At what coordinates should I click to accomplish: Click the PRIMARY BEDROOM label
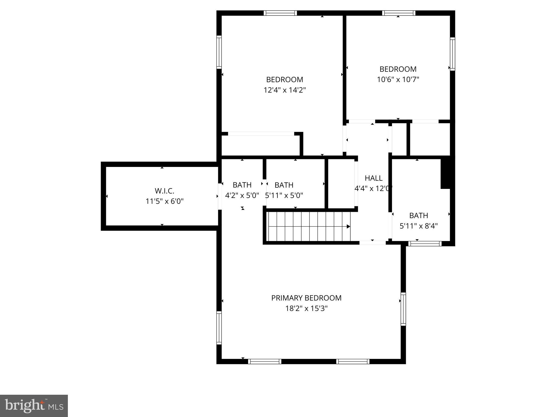(x=306, y=298)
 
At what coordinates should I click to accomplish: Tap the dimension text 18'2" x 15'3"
(x=306, y=309)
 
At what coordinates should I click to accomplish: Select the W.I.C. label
(x=164, y=191)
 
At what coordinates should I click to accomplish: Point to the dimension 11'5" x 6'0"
(x=165, y=201)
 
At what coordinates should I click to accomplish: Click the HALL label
(x=374, y=178)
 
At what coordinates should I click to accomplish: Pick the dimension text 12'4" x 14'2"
(x=285, y=90)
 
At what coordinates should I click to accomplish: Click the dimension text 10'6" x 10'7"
(x=398, y=80)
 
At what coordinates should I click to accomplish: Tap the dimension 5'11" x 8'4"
(x=419, y=226)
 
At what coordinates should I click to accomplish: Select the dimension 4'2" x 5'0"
(x=242, y=195)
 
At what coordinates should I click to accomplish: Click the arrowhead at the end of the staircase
(x=348, y=226)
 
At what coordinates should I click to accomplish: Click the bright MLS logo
(x=34, y=406)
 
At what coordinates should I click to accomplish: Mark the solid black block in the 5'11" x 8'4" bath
(x=446, y=173)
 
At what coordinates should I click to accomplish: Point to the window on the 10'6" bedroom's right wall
(x=452, y=54)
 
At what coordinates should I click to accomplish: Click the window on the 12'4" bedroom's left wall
(x=219, y=52)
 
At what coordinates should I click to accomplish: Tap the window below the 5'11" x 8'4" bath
(x=425, y=244)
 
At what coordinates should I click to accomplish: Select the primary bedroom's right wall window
(x=403, y=309)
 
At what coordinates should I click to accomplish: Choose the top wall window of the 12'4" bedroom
(x=280, y=13)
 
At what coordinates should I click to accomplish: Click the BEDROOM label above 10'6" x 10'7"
(x=398, y=69)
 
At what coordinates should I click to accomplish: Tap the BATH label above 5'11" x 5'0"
(x=284, y=185)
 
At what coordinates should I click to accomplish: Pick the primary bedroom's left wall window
(x=219, y=328)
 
